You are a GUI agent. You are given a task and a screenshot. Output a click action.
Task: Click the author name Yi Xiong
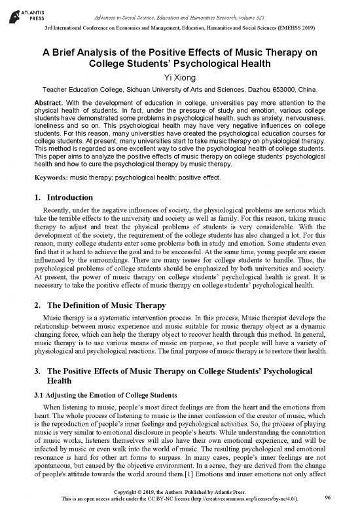pyautogui.click(x=179, y=78)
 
